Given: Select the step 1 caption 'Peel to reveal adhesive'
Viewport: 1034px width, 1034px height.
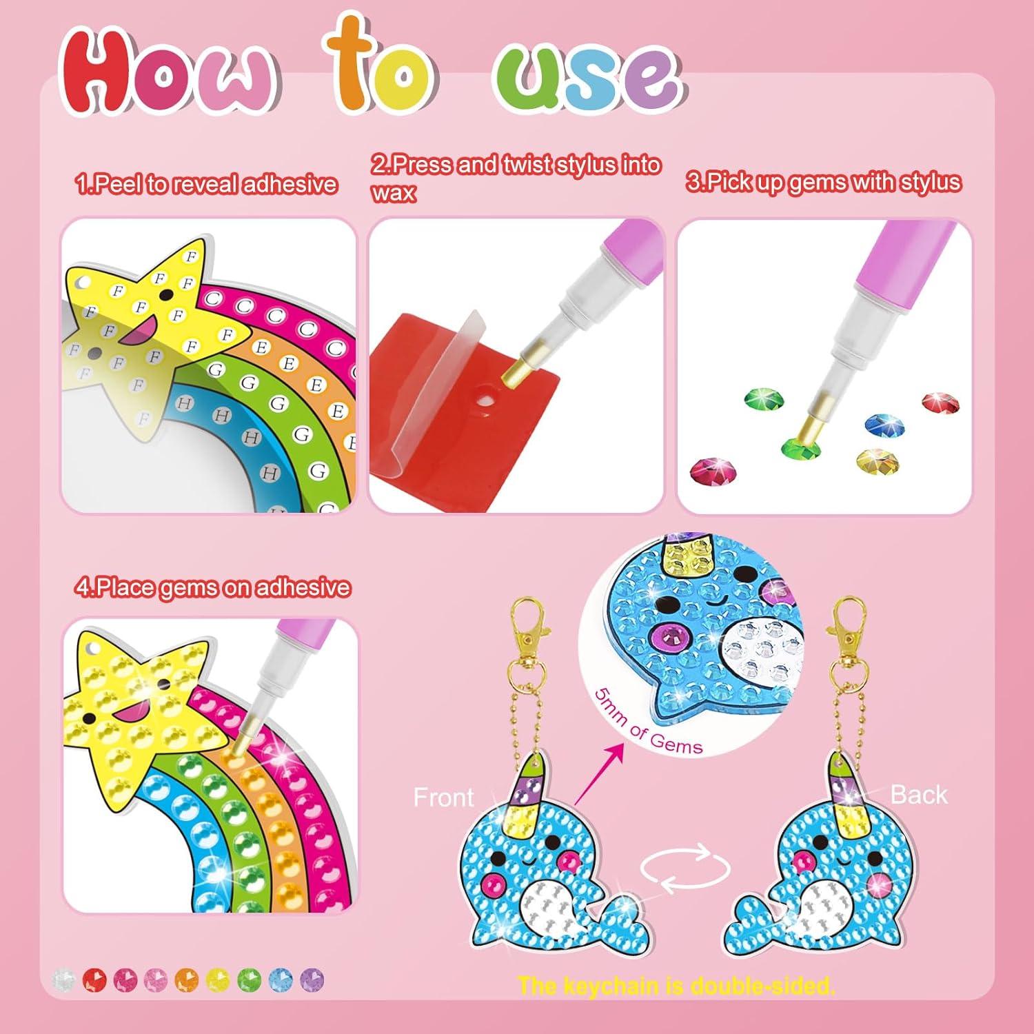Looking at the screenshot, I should coord(206,184).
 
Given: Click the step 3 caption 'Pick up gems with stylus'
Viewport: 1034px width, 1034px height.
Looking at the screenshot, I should coord(823,182).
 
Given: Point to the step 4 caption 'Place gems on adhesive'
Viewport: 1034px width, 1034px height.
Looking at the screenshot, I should coord(213,587).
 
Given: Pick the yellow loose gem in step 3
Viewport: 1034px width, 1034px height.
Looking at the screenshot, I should coord(875,460).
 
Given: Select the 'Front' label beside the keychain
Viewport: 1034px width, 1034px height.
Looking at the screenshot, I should coord(443,798).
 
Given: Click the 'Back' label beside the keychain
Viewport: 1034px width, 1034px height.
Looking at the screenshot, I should coord(918,795).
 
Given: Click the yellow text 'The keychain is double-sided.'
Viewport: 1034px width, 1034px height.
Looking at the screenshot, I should coord(676,986).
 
